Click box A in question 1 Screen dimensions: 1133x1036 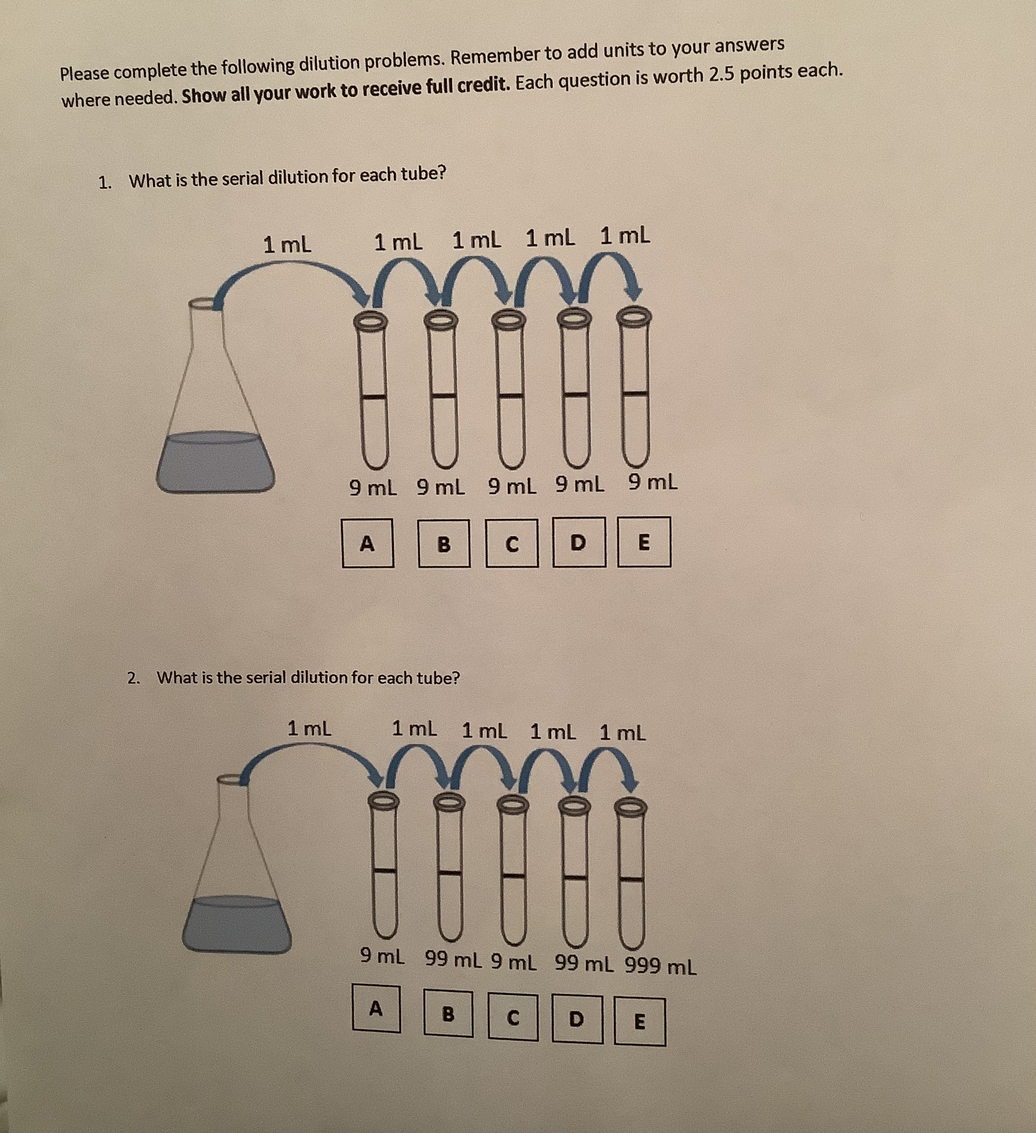(368, 543)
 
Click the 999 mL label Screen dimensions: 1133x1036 (661, 967)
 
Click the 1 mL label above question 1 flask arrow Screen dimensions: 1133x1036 (287, 244)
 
